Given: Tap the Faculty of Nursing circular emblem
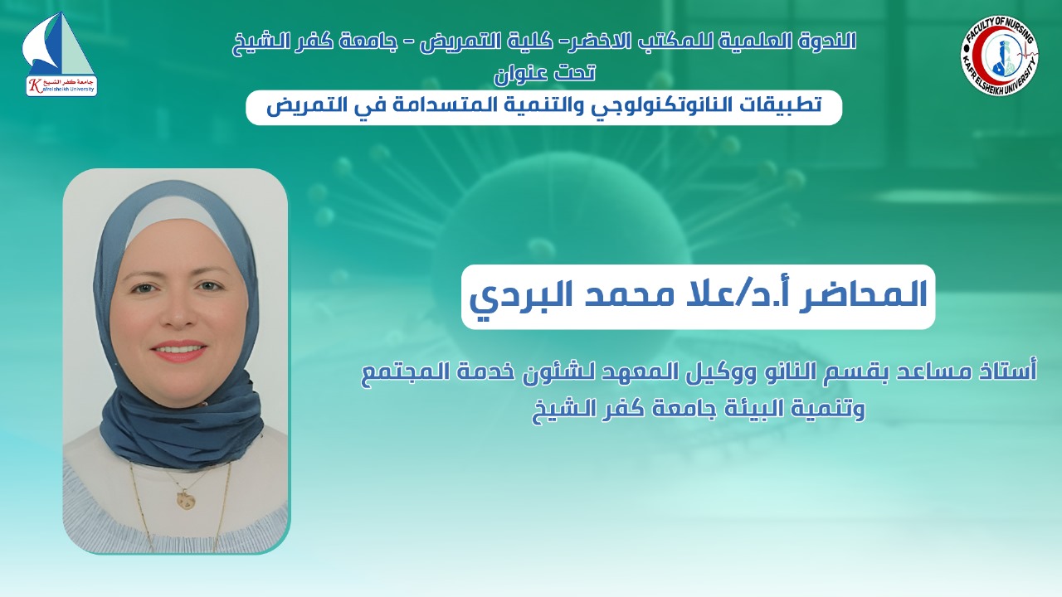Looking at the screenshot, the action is point(1000,55).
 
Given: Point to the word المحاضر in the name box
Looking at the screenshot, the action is point(862,294).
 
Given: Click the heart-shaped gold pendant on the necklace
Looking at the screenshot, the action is point(183,499).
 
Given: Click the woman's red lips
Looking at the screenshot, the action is point(178,351).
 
